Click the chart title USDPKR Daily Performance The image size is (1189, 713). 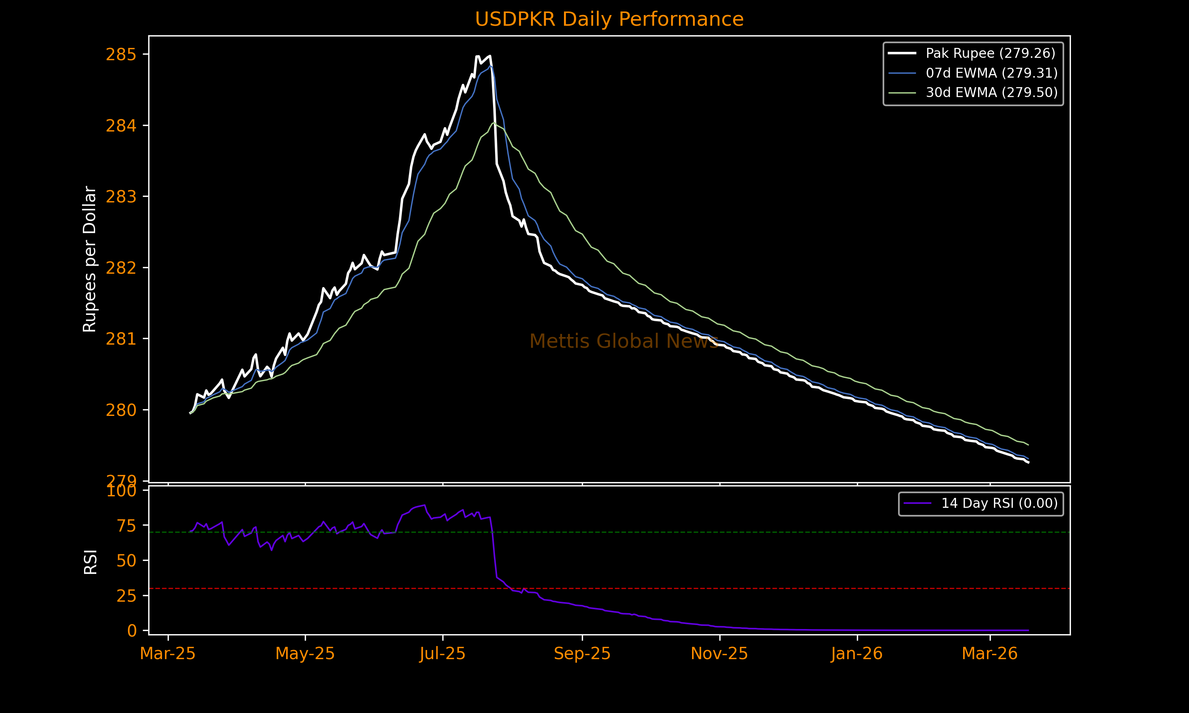(609, 19)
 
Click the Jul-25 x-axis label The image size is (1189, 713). (443, 654)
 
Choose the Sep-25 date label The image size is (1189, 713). (582, 654)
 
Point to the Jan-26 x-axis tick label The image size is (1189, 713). (857, 654)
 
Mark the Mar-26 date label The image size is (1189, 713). (990, 654)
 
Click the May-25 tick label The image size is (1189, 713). (305, 654)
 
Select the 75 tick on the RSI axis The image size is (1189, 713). (126, 526)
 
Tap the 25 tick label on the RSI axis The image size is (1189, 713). (126, 596)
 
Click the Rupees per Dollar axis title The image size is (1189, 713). (90, 259)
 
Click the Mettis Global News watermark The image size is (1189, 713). (624, 341)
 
